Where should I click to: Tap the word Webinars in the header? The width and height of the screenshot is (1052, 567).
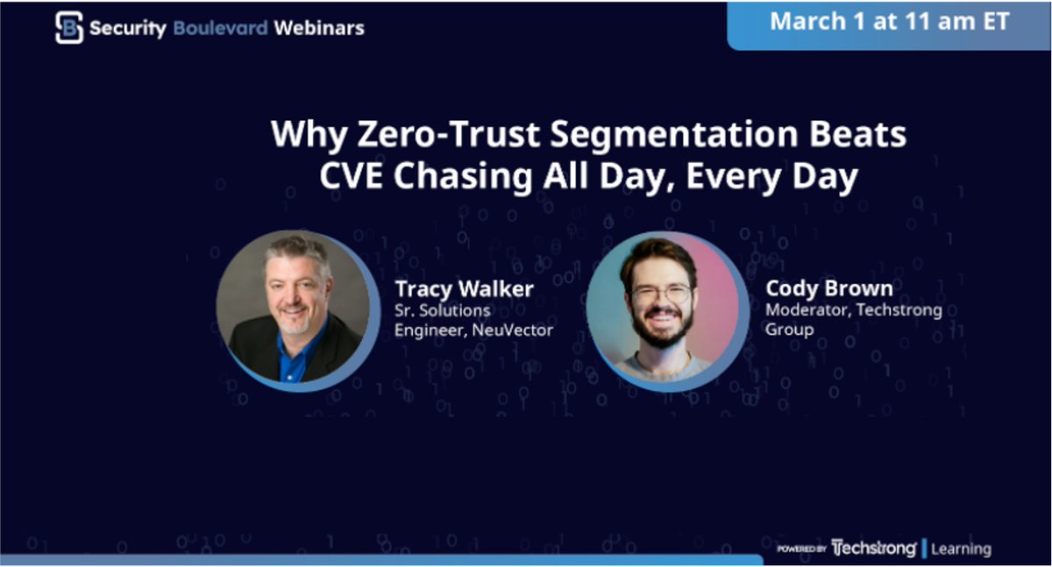click(x=319, y=28)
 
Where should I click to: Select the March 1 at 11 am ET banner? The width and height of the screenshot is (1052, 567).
click(x=889, y=22)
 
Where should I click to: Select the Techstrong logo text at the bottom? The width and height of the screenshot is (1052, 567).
click(x=873, y=549)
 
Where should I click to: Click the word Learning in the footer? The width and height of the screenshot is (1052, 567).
click(x=961, y=549)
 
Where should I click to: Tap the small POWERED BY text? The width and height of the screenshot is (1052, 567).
click(x=801, y=549)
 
